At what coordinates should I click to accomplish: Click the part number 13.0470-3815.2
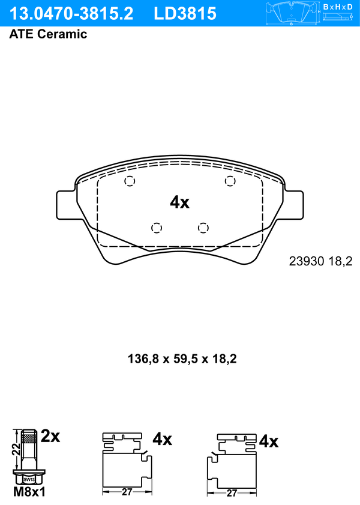(71, 14)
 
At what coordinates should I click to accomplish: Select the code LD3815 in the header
(185, 14)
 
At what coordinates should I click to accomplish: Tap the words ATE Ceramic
(48, 34)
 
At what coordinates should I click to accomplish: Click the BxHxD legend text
(338, 7)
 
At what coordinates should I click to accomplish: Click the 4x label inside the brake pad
(179, 202)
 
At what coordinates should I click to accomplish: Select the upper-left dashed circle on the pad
(130, 181)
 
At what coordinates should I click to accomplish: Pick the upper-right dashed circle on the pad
(230, 181)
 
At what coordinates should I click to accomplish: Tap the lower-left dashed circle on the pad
(157, 228)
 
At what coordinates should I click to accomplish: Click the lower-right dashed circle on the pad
(203, 228)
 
